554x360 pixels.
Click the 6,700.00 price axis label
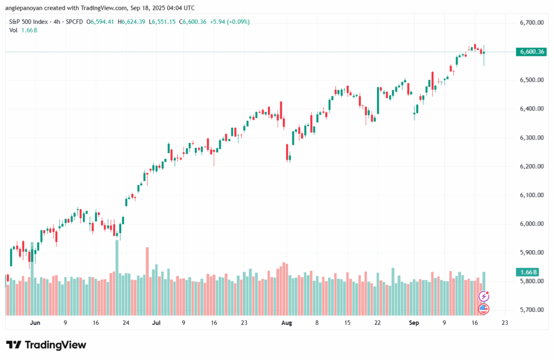[x=532, y=23]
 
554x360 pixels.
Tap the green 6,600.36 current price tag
[x=531, y=51]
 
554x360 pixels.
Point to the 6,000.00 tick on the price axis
[x=532, y=224]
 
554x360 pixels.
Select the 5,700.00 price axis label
[x=532, y=310]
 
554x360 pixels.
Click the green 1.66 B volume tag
[x=527, y=272]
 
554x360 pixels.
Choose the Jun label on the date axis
[x=35, y=323]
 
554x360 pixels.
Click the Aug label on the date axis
[x=287, y=323]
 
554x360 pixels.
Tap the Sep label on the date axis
[x=414, y=323]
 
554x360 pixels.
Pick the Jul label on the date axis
[x=156, y=323]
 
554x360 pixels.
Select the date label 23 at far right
[x=505, y=323]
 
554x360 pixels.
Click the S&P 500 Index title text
[x=28, y=22]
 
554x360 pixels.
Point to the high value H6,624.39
[x=131, y=22]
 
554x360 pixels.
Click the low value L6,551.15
[x=162, y=22]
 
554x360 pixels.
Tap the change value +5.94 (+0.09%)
[x=229, y=22]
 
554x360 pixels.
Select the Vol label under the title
[x=14, y=30]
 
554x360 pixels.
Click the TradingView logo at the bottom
[x=47, y=345]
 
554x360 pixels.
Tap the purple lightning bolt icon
[x=484, y=296]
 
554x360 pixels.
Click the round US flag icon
[x=484, y=309]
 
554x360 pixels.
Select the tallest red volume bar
[x=147, y=282]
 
